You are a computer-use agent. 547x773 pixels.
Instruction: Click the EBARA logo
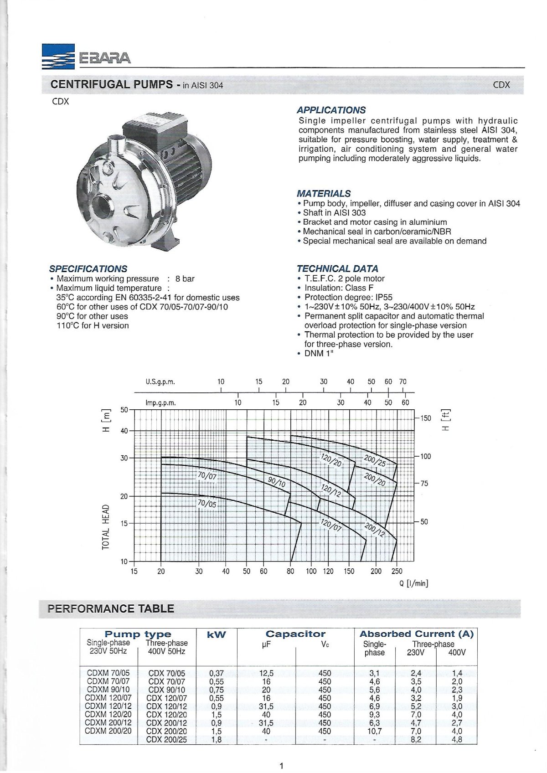pyautogui.click(x=87, y=57)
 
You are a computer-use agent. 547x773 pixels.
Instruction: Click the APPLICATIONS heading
pyautogui.click(x=331, y=110)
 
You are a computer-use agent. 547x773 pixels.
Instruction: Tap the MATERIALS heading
pyautogui.click(x=324, y=194)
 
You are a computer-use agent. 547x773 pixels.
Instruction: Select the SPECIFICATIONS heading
pyautogui.click(x=88, y=269)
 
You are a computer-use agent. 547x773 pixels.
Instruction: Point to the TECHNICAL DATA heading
pyautogui.click(x=337, y=269)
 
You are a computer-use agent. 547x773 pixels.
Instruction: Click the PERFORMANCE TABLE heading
pyautogui.click(x=111, y=609)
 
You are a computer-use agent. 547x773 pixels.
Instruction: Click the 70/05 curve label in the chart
pyautogui.click(x=207, y=504)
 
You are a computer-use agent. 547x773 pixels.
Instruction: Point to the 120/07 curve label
pyautogui.click(x=331, y=526)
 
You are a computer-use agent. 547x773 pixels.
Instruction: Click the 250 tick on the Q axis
pyautogui.click(x=397, y=571)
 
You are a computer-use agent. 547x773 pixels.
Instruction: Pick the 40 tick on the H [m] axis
pyautogui.click(x=124, y=431)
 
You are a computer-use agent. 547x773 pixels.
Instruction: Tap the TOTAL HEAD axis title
pyautogui.click(x=106, y=527)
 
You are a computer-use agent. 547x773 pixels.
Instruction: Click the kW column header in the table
pyautogui.click(x=216, y=635)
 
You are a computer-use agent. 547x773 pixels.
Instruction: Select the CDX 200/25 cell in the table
pyautogui.click(x=166, y=739)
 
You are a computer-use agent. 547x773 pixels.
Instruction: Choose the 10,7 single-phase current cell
pyautogui.click(x=374, y=731)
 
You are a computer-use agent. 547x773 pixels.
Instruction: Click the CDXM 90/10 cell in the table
pyautogui.click(x=108, y=690)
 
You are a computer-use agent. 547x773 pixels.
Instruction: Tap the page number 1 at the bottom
pyautogui.click(x=281, y=766)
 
